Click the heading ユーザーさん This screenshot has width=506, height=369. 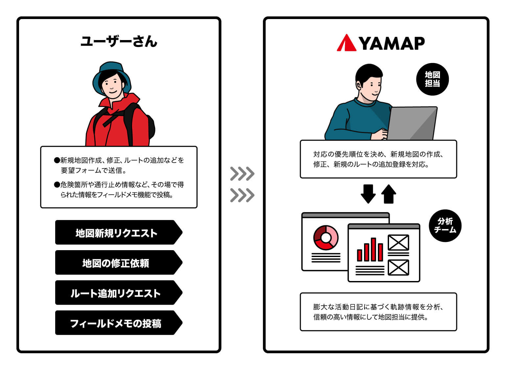pyautogui.click(x=119, y=41)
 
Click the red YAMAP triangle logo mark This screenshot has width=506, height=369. pyautogui.click(x=347, y=43)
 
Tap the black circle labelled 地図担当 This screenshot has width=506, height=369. pyautogui.click(x=432, y=79)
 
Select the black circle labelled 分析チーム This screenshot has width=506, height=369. pyautogui.click(x=445, y=226)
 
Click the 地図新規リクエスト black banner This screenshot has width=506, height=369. pyautogui.click(x=119, y=232)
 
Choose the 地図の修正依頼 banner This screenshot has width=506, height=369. pyautogui.click(x=119, y=263)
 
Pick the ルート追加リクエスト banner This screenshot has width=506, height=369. pyautogui.click(x=119, y=293)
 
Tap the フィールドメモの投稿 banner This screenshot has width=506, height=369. pyautogui.click(x=119, y=323)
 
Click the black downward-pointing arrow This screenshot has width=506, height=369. pyautogui.click(x=368, y=194)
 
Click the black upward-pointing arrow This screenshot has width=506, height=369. pyautogui.click(x=388, y=194)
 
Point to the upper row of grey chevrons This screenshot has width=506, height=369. pyautogui.click(x=242, y=174)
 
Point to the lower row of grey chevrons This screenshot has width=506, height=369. pyautogui.click(x=242, y=195)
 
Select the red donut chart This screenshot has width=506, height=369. pyautogui.click(x=326, y=238)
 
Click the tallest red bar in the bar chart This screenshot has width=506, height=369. pyautogui.click(x=373, y=250)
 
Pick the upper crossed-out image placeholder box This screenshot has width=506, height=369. pyautogui.click(x=399, y=243)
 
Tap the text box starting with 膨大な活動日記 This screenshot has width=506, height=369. pyautogui.click(x=379, y=312)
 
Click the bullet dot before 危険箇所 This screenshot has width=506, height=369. pyautogui.click(x=57, y=185)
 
